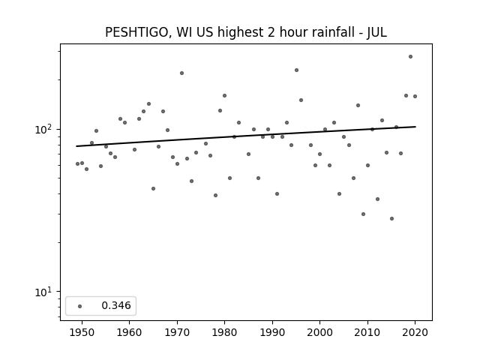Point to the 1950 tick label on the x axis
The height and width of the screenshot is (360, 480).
tap(82, 333)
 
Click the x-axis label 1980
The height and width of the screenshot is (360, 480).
tap(224, 333)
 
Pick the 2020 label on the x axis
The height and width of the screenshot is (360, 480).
tap(415, 333)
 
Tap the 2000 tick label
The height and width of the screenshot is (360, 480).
tap(319, 333)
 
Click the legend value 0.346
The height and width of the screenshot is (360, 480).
tap(116, 305)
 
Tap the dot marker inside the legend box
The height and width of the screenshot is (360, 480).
tap(80, 306)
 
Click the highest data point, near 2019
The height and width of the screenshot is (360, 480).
tap(410, 57)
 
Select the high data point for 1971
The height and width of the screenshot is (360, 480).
tap(181, 73)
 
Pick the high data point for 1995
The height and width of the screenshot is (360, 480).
tap(296, 70)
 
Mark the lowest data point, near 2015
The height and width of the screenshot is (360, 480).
tap(391, 218)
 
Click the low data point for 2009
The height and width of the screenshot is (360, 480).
tap(363, 214)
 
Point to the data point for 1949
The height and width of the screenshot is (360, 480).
tap(77, 163)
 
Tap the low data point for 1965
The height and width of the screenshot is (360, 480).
tap(153, 188)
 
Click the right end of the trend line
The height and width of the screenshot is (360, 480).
tap(415, 127)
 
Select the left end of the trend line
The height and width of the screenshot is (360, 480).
tap(76, 146)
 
